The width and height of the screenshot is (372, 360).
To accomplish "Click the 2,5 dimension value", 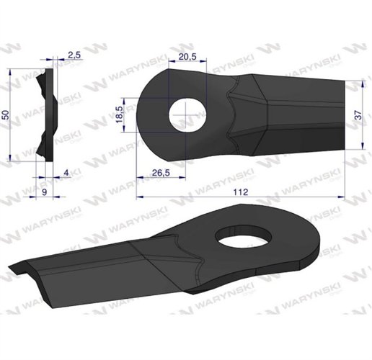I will point(74,55).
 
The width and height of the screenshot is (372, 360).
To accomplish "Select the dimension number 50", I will point(6,115).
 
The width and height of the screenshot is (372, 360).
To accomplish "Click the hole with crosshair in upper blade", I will point(187,115).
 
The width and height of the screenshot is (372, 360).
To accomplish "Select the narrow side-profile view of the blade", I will point(47,115).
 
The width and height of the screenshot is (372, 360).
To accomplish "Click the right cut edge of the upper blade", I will point(345,115).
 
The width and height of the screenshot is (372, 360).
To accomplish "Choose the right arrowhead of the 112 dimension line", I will point(344,197).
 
